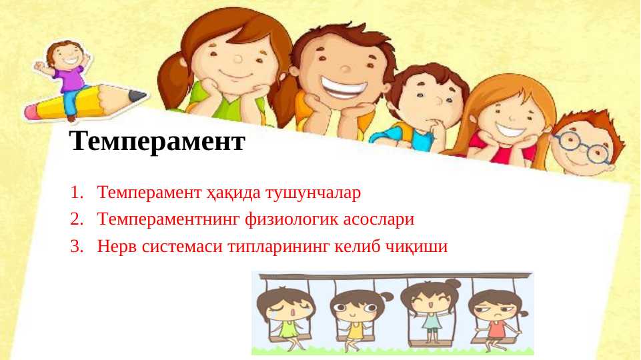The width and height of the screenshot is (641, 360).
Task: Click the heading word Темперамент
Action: [x=157, y=141]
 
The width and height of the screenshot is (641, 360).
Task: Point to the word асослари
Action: [x=374, y=219]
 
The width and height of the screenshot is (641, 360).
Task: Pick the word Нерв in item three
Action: [x=117, y=246]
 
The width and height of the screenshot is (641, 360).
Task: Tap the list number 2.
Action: [x=75, y=219]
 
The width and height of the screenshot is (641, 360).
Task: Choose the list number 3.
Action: [x=75, y=246]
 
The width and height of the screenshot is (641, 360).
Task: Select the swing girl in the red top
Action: [x=496, y=316]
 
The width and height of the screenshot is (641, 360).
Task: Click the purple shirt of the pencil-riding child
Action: [x=71, y=79]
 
